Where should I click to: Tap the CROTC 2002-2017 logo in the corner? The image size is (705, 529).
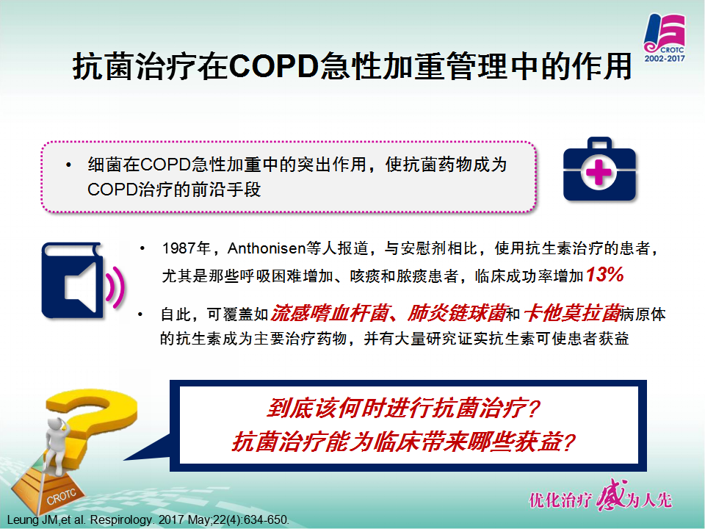665,39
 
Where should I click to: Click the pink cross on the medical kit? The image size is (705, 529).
599,172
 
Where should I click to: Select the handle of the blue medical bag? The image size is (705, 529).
599,144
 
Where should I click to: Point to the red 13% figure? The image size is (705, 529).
604,274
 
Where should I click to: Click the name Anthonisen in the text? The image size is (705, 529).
266,248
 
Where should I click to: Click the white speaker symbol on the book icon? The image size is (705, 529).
81,286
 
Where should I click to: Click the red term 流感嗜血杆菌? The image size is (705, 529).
329,313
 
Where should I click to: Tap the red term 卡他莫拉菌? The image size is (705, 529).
572,313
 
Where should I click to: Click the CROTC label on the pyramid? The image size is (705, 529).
62,496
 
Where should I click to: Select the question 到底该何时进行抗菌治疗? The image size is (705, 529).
403,408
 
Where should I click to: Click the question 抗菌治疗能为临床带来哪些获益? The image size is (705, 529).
403,442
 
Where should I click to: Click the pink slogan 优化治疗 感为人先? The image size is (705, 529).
600,498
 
